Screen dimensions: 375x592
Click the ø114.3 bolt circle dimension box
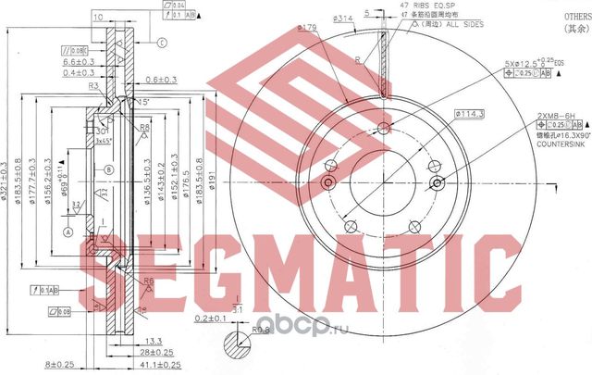(471, 114)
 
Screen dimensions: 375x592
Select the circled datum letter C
(161, 43)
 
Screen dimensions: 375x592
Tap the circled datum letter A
(68, 232)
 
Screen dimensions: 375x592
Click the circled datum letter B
(108, 169)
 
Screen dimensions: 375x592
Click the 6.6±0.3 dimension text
(81, 59)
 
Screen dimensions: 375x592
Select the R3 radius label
(94, 85)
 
